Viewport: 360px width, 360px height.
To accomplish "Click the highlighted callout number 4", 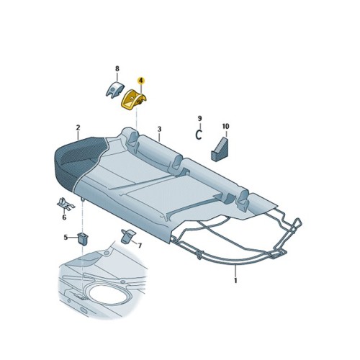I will pyautogui.click(x=141, y=83).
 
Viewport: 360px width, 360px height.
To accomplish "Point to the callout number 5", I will pyautogui.click(x=66, y=237).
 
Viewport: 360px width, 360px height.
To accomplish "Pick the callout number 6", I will pyautogui.click(x=63, y=217).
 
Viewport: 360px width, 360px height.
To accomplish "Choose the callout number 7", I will pyautogui.click(x=139, y=246).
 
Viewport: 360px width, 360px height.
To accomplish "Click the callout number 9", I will pyautogui.click(x=200, y=117).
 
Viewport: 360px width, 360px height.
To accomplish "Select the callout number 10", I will pyautogui.click(x=225, y=127).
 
